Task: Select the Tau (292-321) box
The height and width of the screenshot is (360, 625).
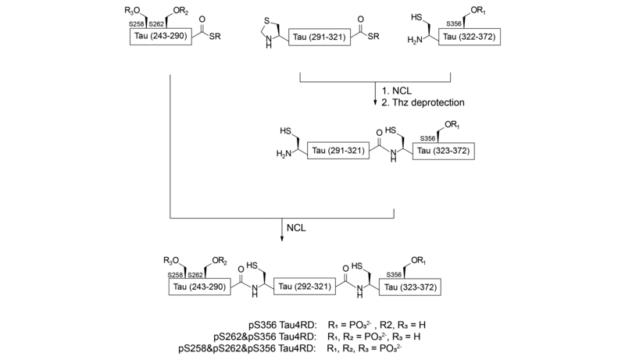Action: click(x=308, y=287)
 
